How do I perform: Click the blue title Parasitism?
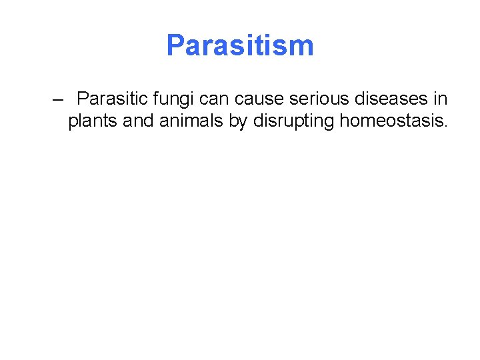(240, 45)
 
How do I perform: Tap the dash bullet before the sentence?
(58, 100)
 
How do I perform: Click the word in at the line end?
(440, 99)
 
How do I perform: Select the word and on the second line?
(137, 121)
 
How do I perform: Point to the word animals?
(191, 121)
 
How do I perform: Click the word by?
(237, 121)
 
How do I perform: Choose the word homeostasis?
(389, 121)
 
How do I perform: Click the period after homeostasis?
(445, 127)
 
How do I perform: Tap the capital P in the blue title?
(175, 45)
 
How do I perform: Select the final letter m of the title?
(301, 45)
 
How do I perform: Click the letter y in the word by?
(243, 123)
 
